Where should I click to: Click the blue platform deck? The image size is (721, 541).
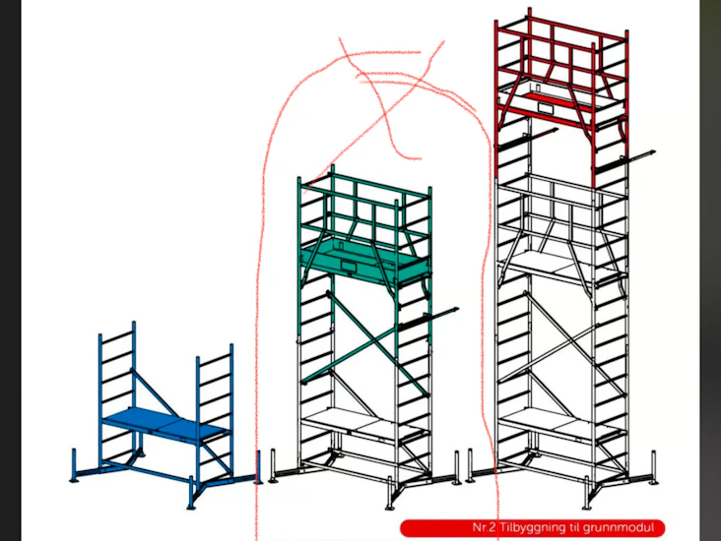[165, 425]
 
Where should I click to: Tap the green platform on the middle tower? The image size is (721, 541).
[365, 262]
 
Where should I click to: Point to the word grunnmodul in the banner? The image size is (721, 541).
[619, 528]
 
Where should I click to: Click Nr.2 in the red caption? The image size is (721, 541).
[485, 527]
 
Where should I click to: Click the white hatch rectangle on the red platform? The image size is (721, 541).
[547, 108]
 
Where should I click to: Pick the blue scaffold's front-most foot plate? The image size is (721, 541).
[191, 507]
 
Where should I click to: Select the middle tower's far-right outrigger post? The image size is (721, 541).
[457, 467]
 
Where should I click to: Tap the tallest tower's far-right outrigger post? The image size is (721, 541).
[653, 467]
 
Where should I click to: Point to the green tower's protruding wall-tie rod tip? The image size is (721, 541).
[457, 309]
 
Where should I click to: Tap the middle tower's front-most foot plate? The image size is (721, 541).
[390, 507]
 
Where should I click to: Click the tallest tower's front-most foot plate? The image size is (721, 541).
[587, 507]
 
